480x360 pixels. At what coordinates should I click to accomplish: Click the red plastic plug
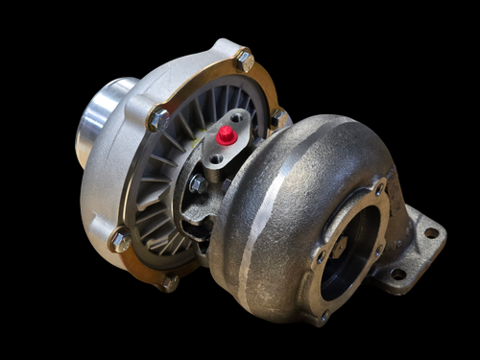pos(227,135)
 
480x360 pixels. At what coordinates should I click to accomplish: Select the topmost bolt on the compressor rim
pos(245,61)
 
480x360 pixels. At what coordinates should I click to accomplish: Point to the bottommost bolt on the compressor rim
pos(170,282)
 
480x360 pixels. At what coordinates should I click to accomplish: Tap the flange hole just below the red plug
pos(216,157)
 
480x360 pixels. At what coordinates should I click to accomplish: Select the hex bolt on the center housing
pos(197,183)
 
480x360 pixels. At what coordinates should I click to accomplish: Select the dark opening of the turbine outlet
pos(350,259)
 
